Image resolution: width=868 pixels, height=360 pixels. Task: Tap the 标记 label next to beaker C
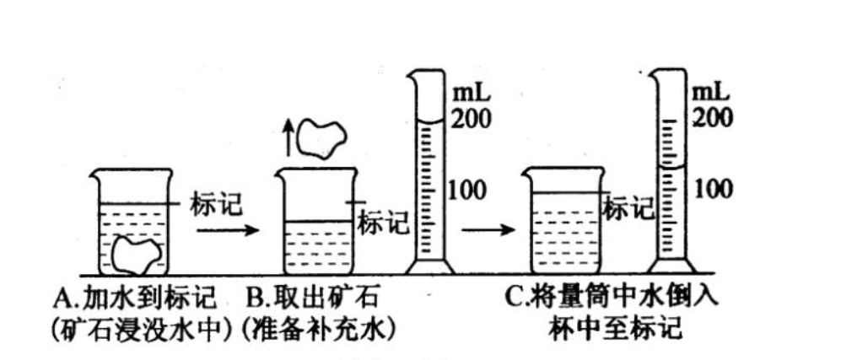tap(628, 207)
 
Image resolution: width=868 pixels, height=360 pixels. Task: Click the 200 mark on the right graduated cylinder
tap(712, 118)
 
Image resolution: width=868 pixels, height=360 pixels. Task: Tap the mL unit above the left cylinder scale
tap(468, 89)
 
